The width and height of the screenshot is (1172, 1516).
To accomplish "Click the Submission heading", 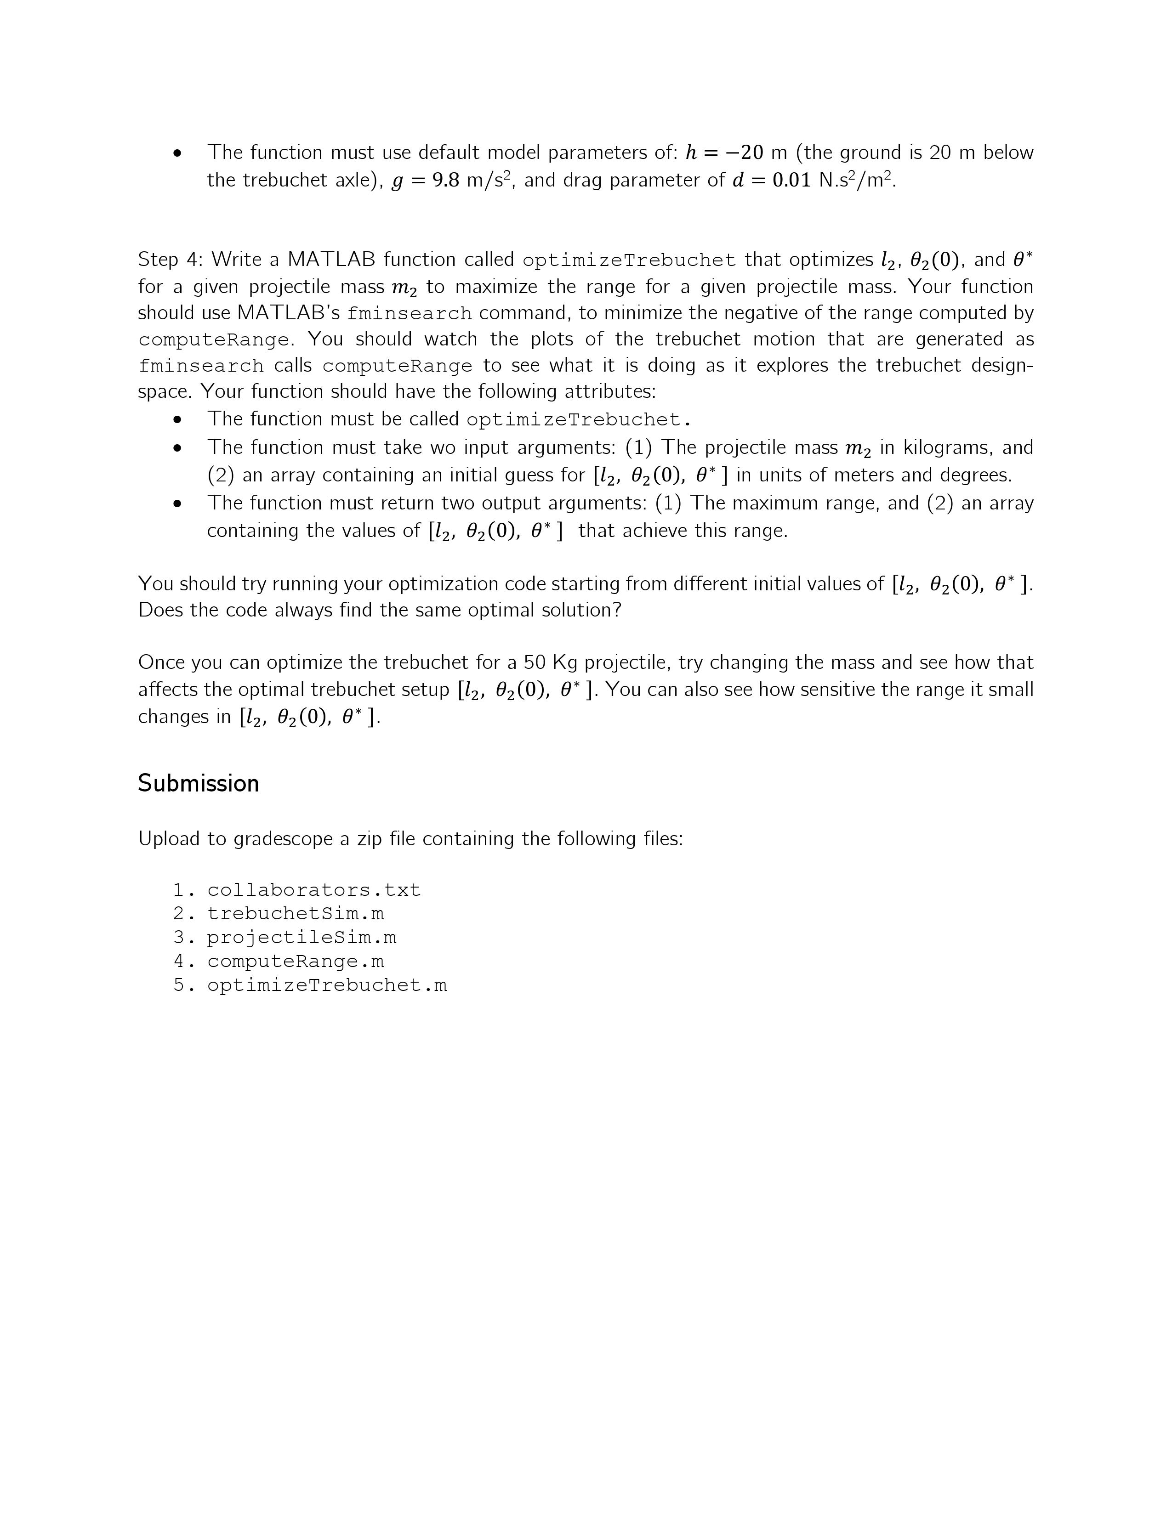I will pos(198,783).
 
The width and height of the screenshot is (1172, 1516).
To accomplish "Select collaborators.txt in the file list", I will pos(314,890).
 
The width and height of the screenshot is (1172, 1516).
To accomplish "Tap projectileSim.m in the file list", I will pos(302,938).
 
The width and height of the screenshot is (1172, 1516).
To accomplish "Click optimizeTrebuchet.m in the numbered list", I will pos(327,986).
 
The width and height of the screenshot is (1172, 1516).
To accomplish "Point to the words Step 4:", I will pos(169,260).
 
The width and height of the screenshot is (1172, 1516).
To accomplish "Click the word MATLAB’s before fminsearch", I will pos(288,313).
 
